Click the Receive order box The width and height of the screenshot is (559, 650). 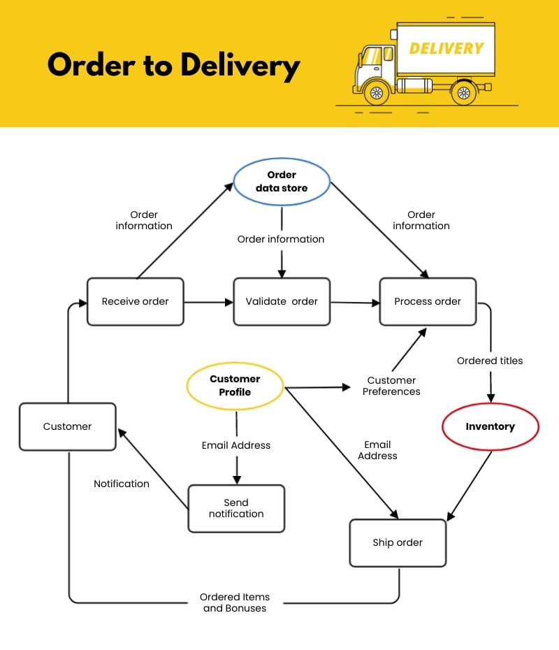(135, 301)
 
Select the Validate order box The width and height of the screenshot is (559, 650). (281, 301)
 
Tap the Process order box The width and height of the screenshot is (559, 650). (428, 301)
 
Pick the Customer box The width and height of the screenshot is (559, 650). (67, 426)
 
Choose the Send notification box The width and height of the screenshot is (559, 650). (236, 508)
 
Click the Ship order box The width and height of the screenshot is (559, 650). (398, 542)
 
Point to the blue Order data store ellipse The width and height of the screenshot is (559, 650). (282, 181)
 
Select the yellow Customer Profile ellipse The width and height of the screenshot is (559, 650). (235, 385)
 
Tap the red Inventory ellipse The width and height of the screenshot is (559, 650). (490, 426)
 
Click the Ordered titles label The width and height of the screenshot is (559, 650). (490, 361)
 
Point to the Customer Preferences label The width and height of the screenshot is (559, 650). (391, 386)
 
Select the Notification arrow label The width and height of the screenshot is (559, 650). (122, 484)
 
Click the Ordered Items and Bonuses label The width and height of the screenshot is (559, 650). (235, 602)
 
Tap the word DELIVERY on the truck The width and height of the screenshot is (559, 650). (446, 49)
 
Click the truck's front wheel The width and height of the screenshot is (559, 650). (377, 92)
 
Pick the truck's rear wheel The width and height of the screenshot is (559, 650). (463, 92)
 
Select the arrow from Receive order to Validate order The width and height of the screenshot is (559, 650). (208, 302)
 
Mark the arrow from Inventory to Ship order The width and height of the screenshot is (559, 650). (470, 484)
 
